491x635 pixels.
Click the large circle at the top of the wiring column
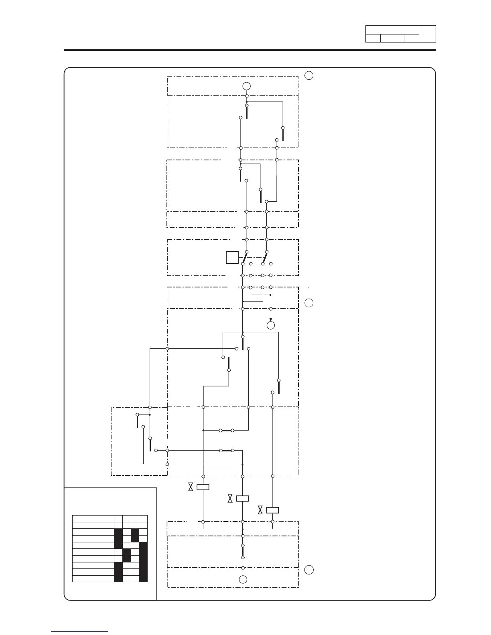pos(247,86)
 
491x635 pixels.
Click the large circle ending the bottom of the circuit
pos(243,579)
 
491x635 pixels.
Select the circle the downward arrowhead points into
pos(271,325)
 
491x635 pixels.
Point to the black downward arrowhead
pos(271,319)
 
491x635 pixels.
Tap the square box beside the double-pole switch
pos(232,257)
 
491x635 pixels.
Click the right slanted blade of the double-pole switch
pos(264,257)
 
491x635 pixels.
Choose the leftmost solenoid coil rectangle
pos(203,487)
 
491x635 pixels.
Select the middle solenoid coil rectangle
pos(242,499)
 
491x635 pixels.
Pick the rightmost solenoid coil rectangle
pos(272,510)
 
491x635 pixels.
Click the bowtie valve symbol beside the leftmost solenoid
pos(191,487)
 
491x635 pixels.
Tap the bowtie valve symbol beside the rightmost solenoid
pos(260,510)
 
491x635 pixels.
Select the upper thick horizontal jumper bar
pos(226,431)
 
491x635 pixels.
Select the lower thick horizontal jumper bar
pos(226,451)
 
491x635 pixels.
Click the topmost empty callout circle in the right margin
pos(308,75)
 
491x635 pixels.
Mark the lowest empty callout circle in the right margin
pos(308,570)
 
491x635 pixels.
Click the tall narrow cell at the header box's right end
pos(427,34)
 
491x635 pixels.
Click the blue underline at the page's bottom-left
pos(79,631)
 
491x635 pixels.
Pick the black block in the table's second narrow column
pos(127,556)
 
